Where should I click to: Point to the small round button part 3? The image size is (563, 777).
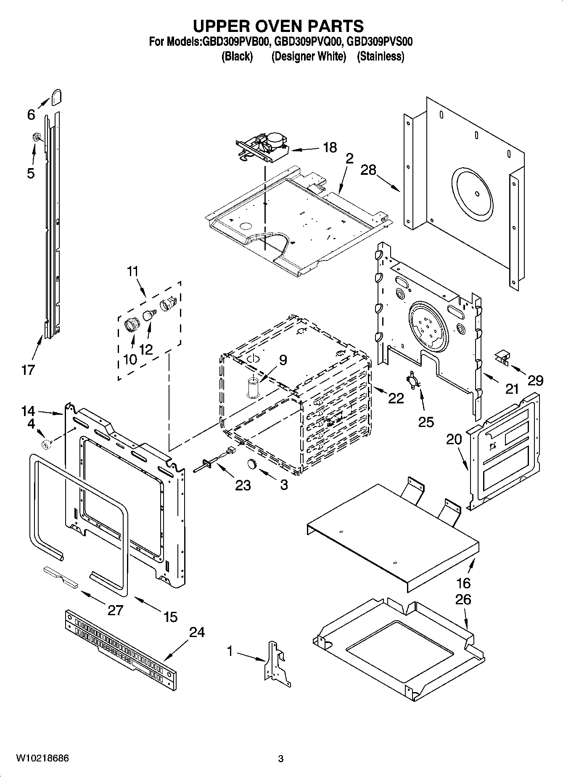pyautogui.click(x=251, y=463)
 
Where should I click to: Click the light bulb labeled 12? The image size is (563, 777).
pyautogui.click(x=149, y=314)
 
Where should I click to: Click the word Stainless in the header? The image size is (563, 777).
pyautogui.click(x=381, y=56)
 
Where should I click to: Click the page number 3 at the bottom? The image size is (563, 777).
pyautogui.click(x=281, y=759)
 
